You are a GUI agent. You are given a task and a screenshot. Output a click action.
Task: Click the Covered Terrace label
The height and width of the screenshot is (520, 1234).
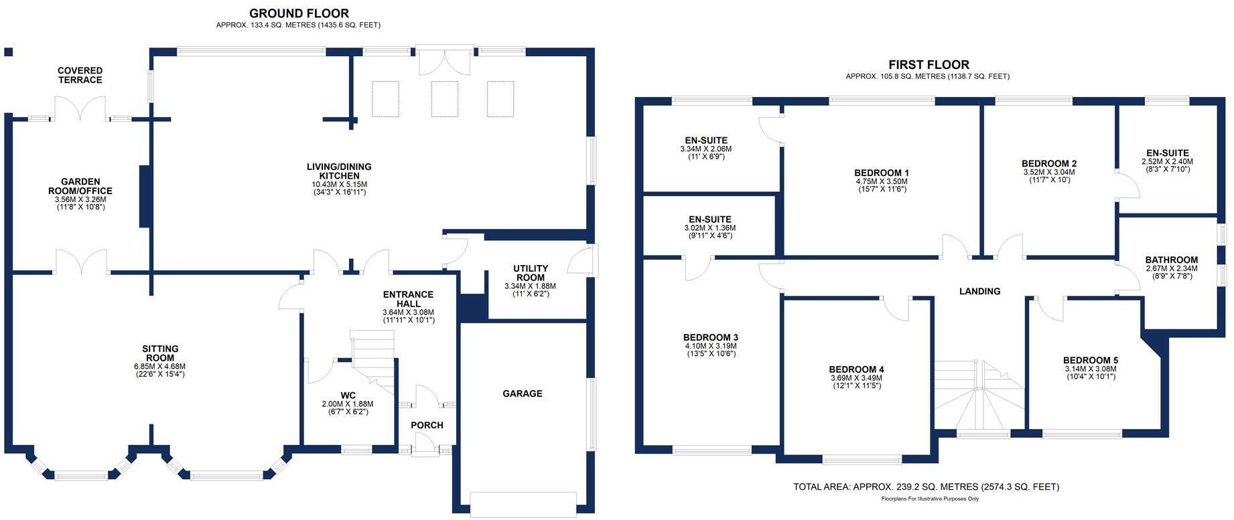point(80,75)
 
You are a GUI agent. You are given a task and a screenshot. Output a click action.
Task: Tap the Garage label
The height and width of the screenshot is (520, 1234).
point(523,394)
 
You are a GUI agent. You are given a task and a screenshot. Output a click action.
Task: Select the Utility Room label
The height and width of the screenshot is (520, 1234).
point(531,273)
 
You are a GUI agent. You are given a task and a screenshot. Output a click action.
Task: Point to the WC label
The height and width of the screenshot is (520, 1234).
point(348,396)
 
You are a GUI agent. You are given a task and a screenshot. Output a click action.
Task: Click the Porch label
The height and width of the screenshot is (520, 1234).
point(427,425)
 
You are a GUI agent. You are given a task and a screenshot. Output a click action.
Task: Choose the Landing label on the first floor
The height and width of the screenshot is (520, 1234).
point(979,291)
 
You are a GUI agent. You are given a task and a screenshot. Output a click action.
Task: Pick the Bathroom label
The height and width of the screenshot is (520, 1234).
point(1171,260)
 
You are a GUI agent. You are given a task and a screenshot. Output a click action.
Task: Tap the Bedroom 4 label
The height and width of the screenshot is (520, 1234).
point(856,369)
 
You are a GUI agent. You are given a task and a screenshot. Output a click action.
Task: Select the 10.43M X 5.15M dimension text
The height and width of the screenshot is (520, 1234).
point(340,185)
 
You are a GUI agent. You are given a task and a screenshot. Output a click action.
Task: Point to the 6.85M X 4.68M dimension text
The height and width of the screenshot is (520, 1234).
point(159,367)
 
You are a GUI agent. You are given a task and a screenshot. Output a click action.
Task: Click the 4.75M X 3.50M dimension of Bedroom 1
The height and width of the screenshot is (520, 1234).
point(882,181)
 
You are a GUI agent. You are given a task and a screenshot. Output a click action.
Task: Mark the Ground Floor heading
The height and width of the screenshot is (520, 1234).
point(299,13)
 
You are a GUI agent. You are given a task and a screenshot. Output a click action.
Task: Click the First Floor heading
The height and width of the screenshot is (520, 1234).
point(929,65)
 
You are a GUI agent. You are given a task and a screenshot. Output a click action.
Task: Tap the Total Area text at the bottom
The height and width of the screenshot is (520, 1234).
point(927,487)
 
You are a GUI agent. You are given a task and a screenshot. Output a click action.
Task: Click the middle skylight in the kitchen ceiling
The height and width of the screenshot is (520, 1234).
point(444,99)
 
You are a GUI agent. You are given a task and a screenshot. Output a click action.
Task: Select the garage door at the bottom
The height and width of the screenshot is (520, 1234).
point(523,504)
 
